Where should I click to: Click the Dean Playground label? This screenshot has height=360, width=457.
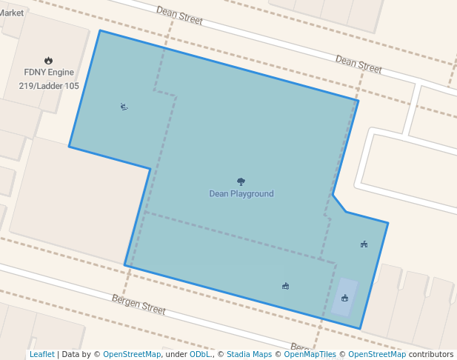point(241,194)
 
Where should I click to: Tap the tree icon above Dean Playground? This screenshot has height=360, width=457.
point(241,181)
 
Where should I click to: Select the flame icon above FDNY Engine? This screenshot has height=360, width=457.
point(49,61)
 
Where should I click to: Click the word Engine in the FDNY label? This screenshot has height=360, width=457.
point(61,73)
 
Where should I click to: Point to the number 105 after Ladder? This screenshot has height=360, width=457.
point(72,86)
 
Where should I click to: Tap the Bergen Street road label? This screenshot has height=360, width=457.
point(139,304)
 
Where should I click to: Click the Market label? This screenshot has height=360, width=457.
point(13,13)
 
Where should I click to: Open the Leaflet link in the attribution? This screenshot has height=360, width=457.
point(41,354)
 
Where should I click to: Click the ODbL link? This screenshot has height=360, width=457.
point(199,354)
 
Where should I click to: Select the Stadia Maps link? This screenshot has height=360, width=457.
point(249,354)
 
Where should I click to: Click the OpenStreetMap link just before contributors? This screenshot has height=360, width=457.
point(376,354)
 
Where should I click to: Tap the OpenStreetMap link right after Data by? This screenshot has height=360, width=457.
point(131,354)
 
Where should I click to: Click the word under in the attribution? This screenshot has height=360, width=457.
point(176,354)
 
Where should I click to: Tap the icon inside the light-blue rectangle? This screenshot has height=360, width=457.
point(345,298)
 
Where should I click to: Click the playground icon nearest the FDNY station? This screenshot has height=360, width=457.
point(124,107)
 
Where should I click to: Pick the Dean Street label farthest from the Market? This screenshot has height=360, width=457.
point(358,64)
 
